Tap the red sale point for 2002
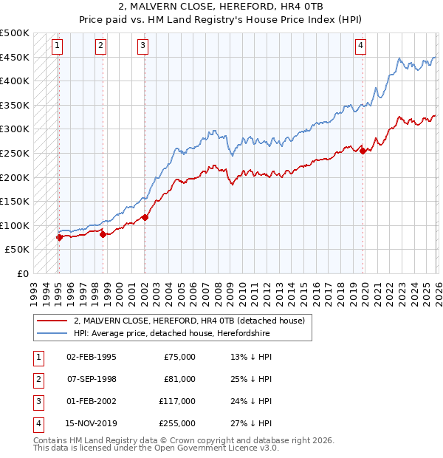(145, 216)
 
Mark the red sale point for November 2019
(363, 151)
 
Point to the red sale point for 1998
(103, 234)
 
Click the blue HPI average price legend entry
(172, 334)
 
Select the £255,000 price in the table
(178, 423)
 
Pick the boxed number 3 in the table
(38, 401)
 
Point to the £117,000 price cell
(178, 401)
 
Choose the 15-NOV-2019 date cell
(91, 423)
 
